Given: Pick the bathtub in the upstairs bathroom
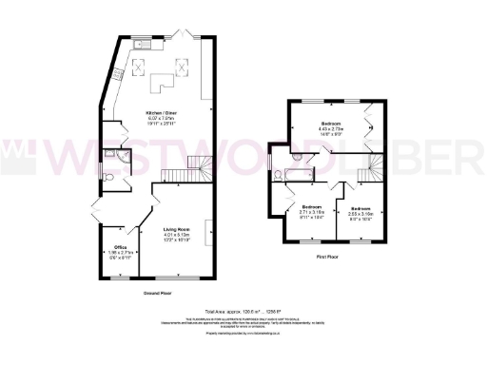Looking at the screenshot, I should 296,175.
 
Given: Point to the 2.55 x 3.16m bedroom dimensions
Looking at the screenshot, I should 360,214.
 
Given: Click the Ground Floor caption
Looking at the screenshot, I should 145,295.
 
